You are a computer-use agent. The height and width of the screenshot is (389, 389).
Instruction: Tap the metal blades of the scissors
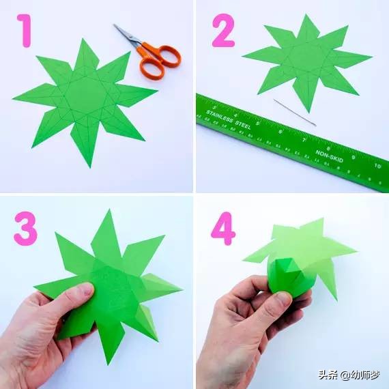point(126,34)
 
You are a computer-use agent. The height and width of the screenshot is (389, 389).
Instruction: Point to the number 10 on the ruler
point(377,166)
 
